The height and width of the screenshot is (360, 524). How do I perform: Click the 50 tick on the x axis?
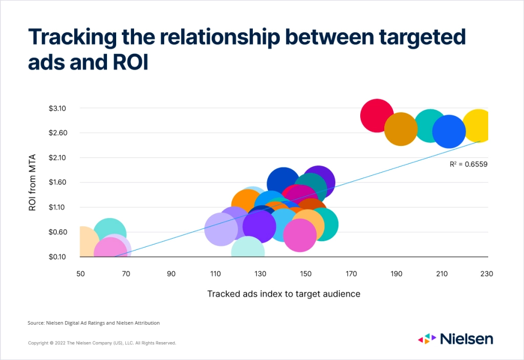[80, 274]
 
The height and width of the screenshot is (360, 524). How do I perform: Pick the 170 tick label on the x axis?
[351, 274]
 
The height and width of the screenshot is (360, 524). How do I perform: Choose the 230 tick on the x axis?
[486, 274]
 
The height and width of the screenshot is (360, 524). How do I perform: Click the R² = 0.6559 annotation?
[468, 164]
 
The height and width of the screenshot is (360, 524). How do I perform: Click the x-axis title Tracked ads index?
[283, 294]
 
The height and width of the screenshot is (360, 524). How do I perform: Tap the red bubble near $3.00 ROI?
[377, 115]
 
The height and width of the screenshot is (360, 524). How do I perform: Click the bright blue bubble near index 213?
[449, 132]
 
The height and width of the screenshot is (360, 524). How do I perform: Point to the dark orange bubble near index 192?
[401, 129]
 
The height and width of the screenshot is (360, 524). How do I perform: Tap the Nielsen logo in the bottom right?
[455, 338]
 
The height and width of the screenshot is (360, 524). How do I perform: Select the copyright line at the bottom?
[102, 343]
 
